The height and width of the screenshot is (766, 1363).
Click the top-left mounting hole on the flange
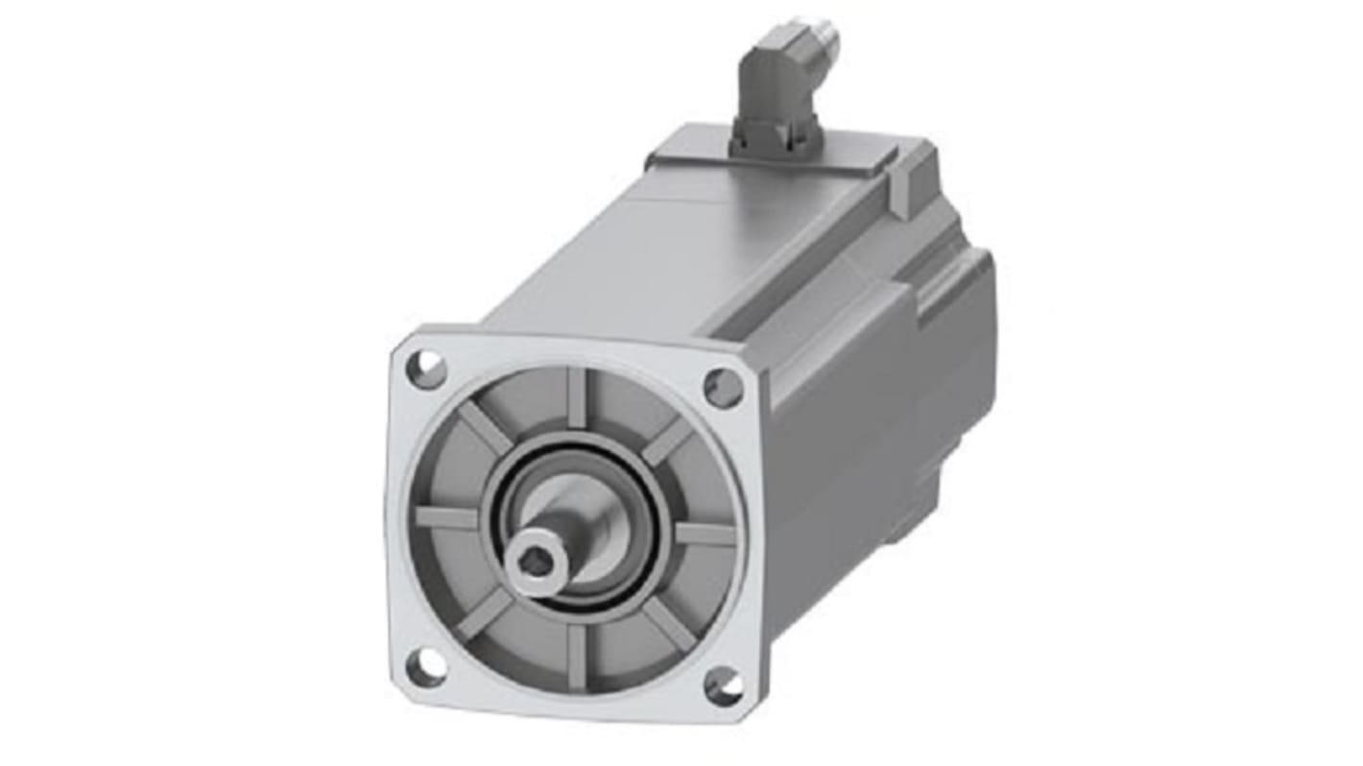coord(427,369)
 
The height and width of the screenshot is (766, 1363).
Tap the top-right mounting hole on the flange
coord(723,387)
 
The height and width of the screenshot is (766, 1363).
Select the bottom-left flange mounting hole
coord(426,666)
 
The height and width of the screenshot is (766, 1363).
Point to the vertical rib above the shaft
coord(576,396)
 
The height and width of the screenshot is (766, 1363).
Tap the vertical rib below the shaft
coord(576,655)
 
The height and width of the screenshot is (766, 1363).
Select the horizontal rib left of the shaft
coord(447,517)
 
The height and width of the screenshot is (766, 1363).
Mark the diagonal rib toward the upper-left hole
coord(485,426)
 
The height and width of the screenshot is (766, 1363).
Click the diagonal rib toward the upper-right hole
coord(666,442)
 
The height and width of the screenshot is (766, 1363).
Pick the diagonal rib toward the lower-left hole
coord(485,614)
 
